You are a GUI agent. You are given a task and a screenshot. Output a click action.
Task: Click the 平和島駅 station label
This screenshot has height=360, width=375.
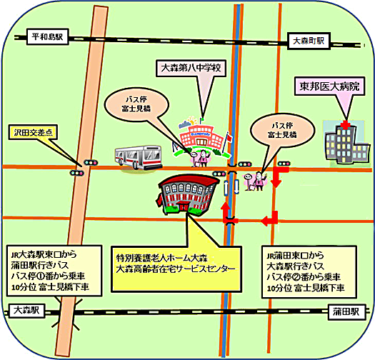click(48, 37)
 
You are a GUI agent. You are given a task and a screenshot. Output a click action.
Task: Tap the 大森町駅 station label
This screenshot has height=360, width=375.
click(309, 41)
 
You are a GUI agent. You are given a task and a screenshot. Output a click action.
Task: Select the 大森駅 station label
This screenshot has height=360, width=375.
click(26, 311)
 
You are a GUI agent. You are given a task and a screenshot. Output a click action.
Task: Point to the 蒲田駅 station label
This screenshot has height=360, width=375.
click(346, 311)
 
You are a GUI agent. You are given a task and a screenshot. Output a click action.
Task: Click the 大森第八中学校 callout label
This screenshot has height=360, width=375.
click(191, 68)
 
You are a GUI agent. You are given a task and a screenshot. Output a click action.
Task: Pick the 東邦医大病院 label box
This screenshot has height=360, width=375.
click(329, 86)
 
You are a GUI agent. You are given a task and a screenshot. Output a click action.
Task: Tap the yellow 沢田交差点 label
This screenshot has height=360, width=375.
click(33, 132)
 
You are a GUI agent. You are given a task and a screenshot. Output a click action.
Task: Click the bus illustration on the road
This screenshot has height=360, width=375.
click(139, 157)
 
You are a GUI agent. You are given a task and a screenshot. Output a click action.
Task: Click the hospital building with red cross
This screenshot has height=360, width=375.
click(346, 144)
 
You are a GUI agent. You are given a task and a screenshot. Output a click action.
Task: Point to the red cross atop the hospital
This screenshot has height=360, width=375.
click(345, 125)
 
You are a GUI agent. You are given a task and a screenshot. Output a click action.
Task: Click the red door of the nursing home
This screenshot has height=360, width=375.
click(184, 206)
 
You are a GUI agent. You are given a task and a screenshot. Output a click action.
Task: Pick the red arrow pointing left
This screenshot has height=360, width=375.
click(269, 219)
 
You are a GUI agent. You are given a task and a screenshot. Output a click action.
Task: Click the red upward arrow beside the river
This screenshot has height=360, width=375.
click(226, 212)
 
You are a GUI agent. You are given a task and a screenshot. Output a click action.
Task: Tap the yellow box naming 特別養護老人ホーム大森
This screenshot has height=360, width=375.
click(176, 269)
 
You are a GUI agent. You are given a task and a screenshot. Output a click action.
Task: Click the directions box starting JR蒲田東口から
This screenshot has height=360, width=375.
click(309, 272)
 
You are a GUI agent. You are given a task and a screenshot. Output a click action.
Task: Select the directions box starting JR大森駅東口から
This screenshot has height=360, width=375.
click(54, 270)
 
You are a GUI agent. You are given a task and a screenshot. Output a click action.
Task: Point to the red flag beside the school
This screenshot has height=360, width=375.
click(229, 138)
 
